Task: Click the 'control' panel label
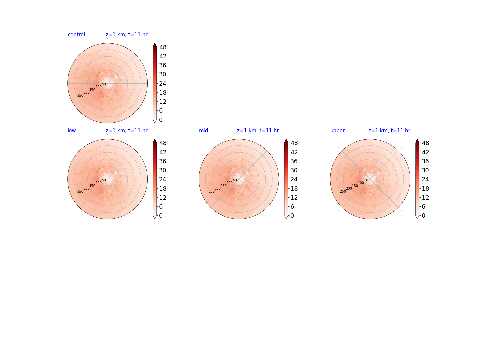click(x=76, y=35)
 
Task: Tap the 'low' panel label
click(x=72, y=130)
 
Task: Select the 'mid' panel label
click(x=203, y=130)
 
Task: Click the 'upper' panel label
click(x=337, y=131)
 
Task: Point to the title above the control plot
click(x=127, y=35)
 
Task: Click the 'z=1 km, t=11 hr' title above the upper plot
click(x=389, y=130)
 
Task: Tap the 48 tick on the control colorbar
click(x=163, y=47)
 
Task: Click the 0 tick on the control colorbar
click(x=161, y=120)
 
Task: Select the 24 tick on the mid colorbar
click(x=294, y=179)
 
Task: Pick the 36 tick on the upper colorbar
click(x=425, y=161)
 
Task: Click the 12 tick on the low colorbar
click(x=163, y=197)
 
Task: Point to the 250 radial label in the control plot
click(x=80, y=95)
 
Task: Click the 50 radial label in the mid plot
click(x=235, y=180)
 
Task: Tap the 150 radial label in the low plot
click(x=92, y=186)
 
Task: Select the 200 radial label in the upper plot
click(x=349, y=188)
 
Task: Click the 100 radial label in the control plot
click(x=99, y=87)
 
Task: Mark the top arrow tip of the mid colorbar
click(x=286, y=139)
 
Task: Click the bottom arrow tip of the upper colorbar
click(x=417, y=219)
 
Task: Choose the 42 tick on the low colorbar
click(x=163, y=152)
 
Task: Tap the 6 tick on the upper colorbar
click(x=423, y=207)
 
